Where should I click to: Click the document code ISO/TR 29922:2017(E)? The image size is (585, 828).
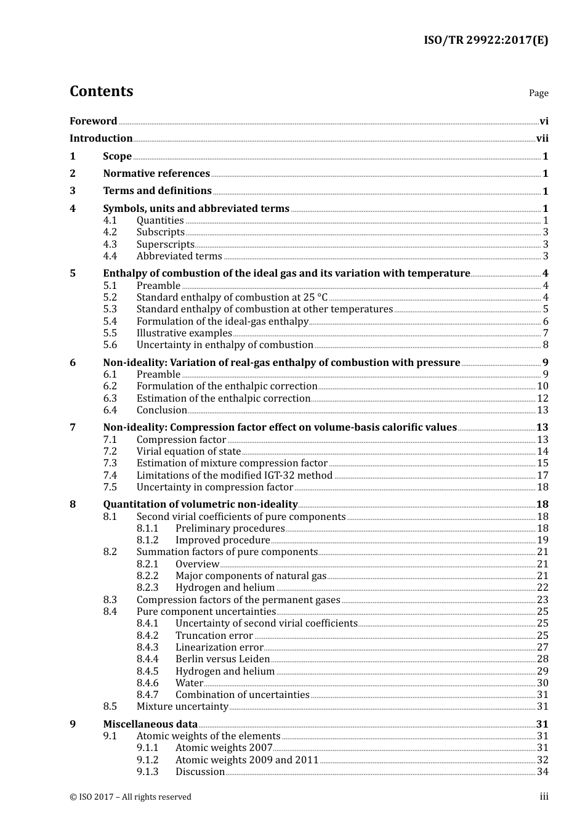[x=485, y=40]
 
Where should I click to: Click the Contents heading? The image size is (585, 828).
[x=101, y=91]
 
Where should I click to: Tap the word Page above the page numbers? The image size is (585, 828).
[x=538, y=93]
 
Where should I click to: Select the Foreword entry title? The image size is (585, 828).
[x=93, y=121]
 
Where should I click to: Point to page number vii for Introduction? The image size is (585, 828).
[x=542, y=139]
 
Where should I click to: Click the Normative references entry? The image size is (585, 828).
[x=156, y=174]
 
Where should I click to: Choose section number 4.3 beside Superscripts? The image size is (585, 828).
[x=110, y=245]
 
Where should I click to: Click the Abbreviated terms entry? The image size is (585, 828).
[x=179, y=256]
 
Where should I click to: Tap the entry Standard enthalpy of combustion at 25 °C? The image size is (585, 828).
[x=232, y=298]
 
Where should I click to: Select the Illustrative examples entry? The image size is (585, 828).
[x=184, y=333]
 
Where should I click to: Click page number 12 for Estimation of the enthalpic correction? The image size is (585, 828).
[x=543, y=399]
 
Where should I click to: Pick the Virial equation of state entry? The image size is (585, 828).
[x=188, y=452]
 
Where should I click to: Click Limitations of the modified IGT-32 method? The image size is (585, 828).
[x=234, y=476]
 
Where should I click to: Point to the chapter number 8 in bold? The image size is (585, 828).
[x=73, y=505]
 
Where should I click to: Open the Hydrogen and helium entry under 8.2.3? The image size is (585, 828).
[x=225, y=588]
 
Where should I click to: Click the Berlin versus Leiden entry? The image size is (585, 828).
[x=222, y=659]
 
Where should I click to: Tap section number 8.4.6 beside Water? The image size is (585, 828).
[x=147, y=683]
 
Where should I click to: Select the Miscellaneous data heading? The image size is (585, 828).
[x=150, y=724]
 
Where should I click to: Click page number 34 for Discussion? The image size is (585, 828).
[x=543, y=772]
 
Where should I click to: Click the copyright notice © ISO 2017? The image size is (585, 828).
[x=130, y=797]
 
